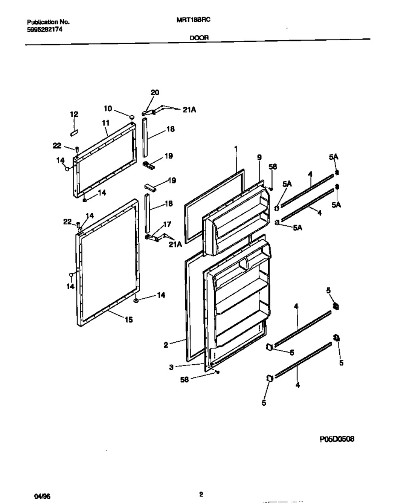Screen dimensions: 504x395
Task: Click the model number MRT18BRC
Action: tap(193, 22)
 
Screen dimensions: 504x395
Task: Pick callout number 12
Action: tap(74, 114)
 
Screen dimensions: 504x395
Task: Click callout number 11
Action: tap(105, 123)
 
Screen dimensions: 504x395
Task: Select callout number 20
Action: tap(155, 93)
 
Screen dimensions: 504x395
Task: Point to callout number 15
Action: tap(129, 320)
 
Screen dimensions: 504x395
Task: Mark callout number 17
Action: tap(167, 225)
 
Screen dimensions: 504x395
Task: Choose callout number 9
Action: tap(259, 157)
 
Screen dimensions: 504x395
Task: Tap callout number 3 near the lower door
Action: tap(171, 367)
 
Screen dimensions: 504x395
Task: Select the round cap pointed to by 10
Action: tap(132, 116)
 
